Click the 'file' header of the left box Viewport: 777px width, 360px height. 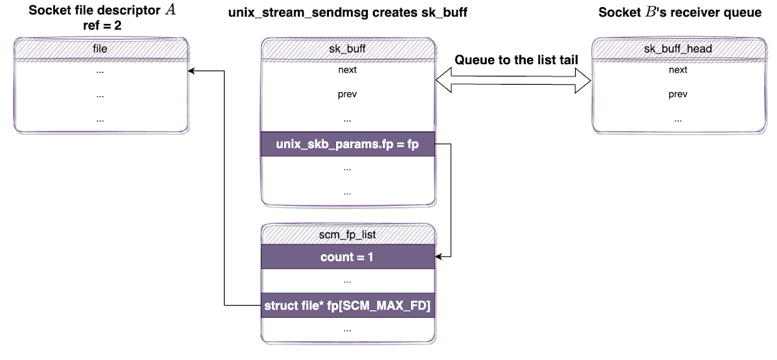pyautogui.click(x=100, y=49)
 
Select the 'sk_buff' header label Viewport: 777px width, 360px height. pyautogui.click(x=348, y=49)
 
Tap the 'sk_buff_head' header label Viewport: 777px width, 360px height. pyautogui.click(x=678, y=49)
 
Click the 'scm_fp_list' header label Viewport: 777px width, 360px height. pyautogui.click(x=348, y=235)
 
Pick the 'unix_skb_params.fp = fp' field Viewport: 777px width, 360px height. pyautogui.click(x=348, y=144)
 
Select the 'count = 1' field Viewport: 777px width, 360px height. pyautogui.click(x=348, y=257)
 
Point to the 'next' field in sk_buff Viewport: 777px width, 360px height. pyautogui.click(x=348, y=70)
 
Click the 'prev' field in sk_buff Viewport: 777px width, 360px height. pyautogui.click(x=348, y=95)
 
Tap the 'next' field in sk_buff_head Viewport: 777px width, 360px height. pyautogui.click(x=678, y=70)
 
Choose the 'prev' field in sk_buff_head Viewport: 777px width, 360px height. pyautogui.click(x=678, y=95)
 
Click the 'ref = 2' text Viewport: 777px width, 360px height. pyautogui.click(x=100, y=26)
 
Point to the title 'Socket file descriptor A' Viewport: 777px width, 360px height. pyautogui.click(x=100, y=11)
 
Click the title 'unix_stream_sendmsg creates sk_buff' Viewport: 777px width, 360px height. pyautogui.click(x=348, y=12)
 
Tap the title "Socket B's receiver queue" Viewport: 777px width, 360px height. pyautogui.click(x=680, y=12)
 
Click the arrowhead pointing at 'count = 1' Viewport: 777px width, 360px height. pyautogui.click(x=440, y=257)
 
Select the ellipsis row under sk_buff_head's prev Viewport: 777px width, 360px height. pyautogui.click(x=678, y=119)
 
